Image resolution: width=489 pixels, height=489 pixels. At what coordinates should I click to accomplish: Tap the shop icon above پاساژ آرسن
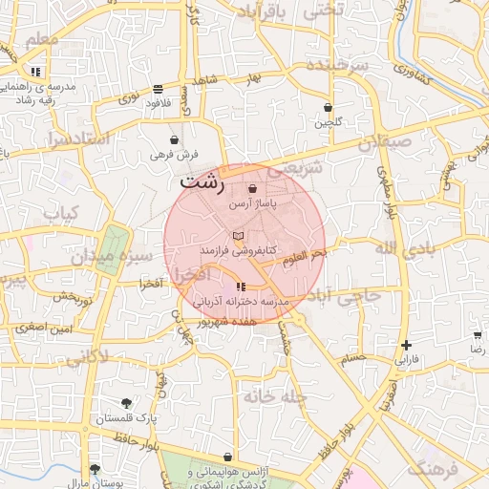coord(252,190)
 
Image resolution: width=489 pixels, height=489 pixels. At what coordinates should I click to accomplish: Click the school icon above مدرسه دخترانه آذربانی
coord(240,287)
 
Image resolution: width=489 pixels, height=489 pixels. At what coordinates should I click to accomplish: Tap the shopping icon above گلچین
coord(329,108)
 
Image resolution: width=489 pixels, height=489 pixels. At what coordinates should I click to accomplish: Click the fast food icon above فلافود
coord(157,89)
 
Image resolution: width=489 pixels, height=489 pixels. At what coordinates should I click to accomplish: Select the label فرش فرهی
coord(174,154)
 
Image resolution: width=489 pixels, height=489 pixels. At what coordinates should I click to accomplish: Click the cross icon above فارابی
coord(407,345)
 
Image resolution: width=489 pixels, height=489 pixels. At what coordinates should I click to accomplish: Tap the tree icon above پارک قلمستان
coord(126,403)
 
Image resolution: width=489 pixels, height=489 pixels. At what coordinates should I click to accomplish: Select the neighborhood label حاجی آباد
coord(351,295)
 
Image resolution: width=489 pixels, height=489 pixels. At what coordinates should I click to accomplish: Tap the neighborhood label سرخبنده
coord(337,65)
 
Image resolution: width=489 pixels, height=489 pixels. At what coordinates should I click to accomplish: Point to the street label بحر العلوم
coord(306,253)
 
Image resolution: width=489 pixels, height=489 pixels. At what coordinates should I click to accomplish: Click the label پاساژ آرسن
coord(251,205)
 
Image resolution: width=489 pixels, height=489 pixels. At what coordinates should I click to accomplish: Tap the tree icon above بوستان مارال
coord(94,469)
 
